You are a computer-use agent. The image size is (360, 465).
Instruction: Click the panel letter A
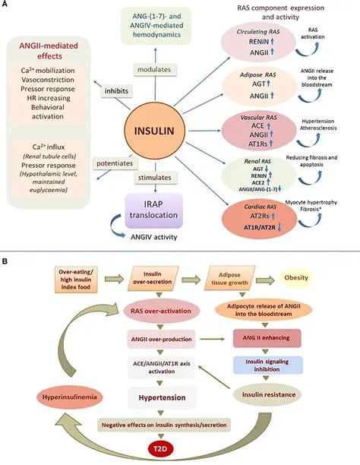[6, 5]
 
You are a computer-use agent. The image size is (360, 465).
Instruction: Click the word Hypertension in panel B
[180, 397]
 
